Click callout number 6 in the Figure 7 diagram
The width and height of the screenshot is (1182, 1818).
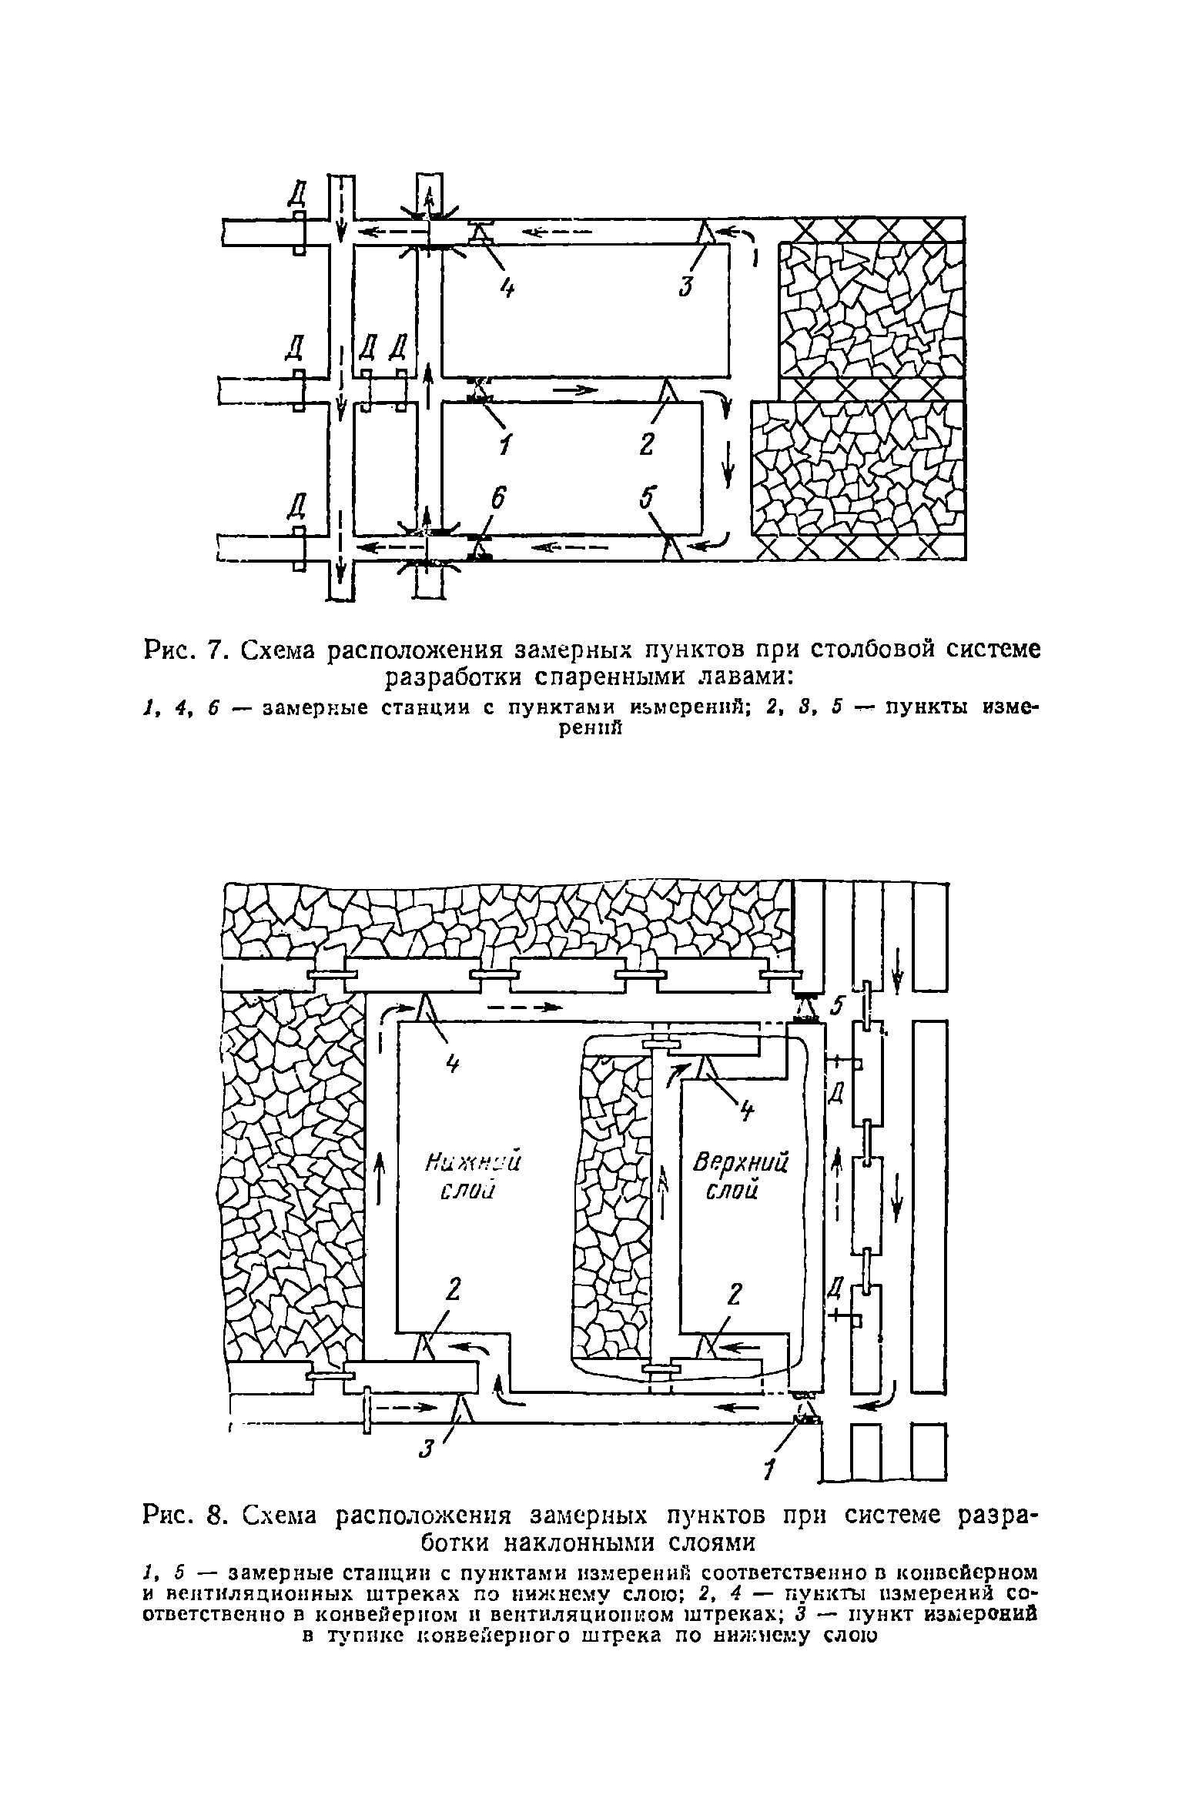click(500, 501)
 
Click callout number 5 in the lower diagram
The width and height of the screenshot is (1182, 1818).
click(839, 1006)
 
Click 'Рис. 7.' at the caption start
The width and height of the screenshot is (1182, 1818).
click(183, 650)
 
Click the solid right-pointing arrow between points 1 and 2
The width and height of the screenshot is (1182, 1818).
click(576, 389)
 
